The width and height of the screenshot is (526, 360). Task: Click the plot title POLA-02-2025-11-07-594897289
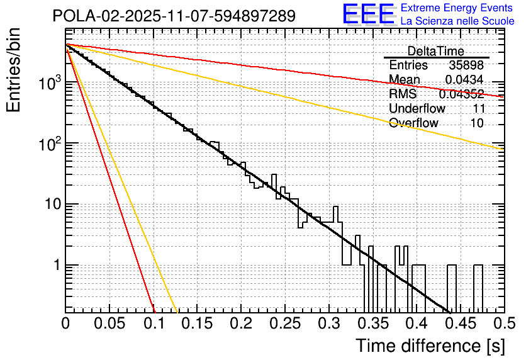(x=174, y=16)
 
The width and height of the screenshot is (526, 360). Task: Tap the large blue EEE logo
(x=368, y=14)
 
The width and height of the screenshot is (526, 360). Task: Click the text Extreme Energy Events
(x=457, y=8)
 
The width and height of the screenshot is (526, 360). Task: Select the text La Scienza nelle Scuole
(x=457, y=21)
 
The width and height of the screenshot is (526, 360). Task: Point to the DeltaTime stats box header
(x=435, y=51)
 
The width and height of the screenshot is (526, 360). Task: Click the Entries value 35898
(x=466, y=65)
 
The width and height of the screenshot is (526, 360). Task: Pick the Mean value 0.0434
(x=464, y=80)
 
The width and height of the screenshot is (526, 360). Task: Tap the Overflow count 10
(x=477, y=123)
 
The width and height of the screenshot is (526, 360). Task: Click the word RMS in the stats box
(x=403, y=94)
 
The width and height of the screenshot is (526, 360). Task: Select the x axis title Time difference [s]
(x=430, y=346)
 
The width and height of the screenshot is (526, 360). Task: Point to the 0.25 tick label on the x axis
(x=284, y=323)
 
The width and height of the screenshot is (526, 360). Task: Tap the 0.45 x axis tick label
(x=460, y=323)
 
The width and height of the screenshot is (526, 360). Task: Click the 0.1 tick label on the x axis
(x=153, y=323)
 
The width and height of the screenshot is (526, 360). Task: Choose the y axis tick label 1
(x=55, y=266)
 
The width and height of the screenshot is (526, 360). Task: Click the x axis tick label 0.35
(x=372, y=323)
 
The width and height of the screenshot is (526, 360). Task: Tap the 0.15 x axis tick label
(x=197, y=323)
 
